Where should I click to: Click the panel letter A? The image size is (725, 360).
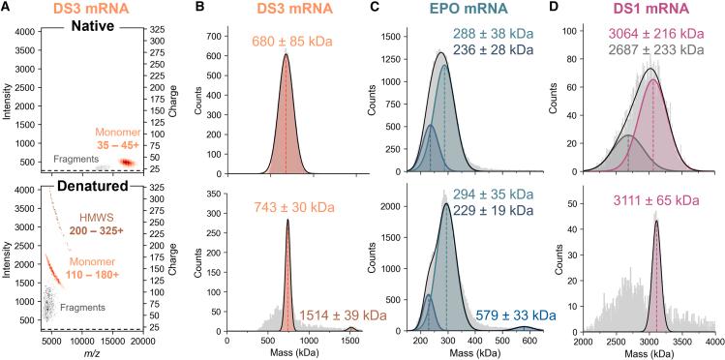pyautogui.click(x=7, y=9)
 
